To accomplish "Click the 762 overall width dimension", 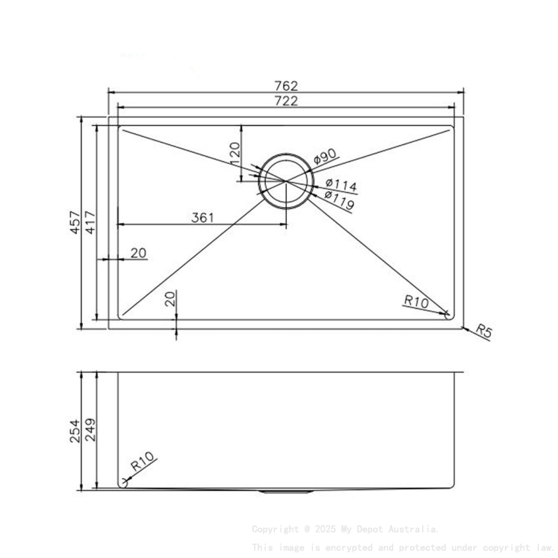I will click(x=286, y=86).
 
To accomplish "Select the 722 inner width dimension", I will click(x=286, y=101).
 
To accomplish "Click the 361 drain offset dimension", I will click(x=203, y=218).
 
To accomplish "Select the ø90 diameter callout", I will click(x=325, y=157).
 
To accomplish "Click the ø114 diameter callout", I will click(x=341, y=186).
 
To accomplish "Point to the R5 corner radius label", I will click(x=483, y=331).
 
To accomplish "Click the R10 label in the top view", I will click(x=416, y=302).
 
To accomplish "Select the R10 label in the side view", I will click(x=142, y=464).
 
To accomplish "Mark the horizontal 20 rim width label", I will click(x=139, y=253).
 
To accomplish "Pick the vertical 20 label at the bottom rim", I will click(x=170, y=299).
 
